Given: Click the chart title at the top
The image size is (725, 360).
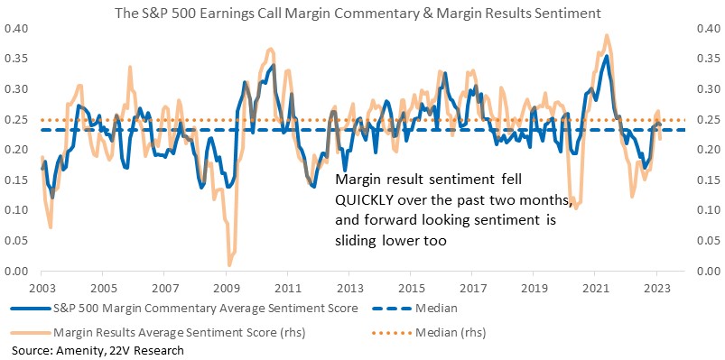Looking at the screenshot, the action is point(358,14).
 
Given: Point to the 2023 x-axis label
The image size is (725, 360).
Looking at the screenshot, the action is point(656,287).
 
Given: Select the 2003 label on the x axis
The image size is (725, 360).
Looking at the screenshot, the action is point(42,287).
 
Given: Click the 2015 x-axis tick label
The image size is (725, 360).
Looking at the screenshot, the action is point(410,287).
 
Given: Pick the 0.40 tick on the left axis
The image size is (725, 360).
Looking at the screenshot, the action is point(15,29).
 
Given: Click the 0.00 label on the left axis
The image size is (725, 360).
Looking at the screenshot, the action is point(15,272).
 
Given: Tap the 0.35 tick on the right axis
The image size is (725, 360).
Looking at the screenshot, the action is point(708,60).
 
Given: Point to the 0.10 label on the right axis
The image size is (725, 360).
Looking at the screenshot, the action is point(708,211).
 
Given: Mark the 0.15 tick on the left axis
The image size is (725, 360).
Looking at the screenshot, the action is point(15,180).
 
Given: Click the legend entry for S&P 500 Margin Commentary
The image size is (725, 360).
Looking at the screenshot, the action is point(184,309).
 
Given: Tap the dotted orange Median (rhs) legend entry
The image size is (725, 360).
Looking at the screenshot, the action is point(428,332).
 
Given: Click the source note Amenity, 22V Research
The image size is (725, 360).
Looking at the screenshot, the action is point(98,351).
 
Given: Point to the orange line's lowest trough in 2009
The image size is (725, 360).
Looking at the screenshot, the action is point(229,265).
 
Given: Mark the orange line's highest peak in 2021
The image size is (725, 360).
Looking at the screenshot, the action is point(607,35).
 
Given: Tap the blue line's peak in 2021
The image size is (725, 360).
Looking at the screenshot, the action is point(606,56).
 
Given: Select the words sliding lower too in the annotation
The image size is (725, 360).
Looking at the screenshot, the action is point(391,241).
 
